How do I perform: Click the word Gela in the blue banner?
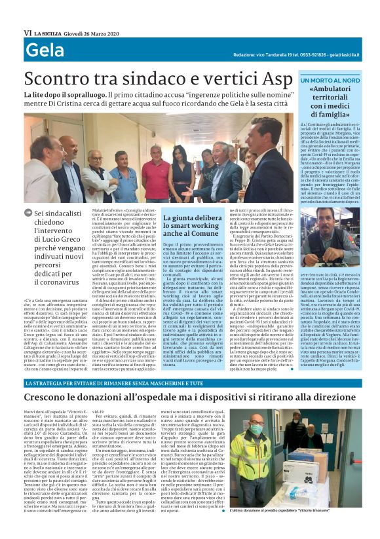point(45,50)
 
